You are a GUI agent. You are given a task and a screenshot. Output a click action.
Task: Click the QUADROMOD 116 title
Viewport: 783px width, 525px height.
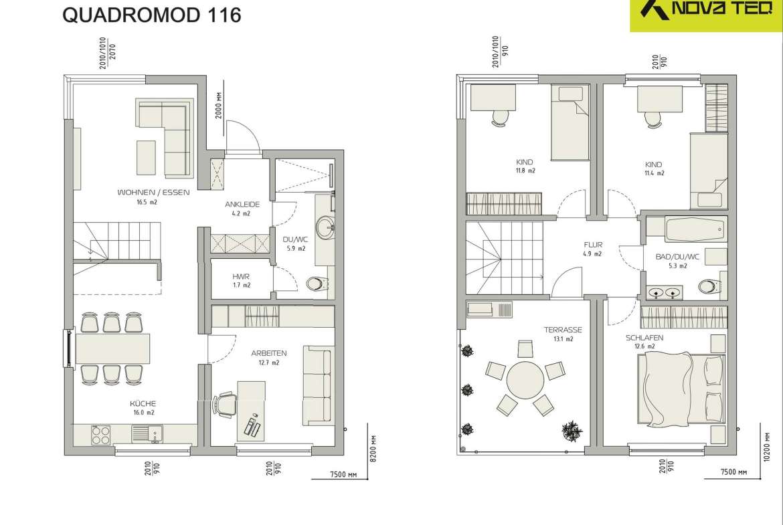click(x=152, y=15)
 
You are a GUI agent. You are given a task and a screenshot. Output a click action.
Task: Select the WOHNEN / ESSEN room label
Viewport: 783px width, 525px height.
click(x=153, y=192)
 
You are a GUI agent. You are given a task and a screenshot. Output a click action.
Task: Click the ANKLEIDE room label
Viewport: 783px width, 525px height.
click(x=242, y=204)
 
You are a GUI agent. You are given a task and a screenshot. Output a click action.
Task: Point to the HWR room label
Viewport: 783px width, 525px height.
click(x=241, y=276)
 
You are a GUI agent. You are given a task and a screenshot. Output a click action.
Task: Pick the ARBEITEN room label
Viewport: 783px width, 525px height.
click(x=268, y=353)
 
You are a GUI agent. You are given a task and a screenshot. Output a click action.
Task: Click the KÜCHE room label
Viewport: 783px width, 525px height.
click(x=143, y=404)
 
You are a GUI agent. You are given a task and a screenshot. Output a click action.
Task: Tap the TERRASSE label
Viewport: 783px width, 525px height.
click(x=563, y=330)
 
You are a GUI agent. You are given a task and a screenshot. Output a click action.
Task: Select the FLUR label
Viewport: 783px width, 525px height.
click(x=593, y=245)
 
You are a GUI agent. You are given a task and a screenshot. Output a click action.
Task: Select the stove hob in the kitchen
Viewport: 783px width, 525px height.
click(x=101, y=433)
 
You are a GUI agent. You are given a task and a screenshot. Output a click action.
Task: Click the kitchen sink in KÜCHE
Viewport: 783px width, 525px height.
click(x=147, y=433)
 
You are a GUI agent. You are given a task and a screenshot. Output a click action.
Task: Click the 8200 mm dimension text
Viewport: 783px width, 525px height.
click(x=374, y=449)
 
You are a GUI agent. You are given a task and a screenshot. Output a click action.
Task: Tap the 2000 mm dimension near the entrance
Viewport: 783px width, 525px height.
click(x=219, y=105)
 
